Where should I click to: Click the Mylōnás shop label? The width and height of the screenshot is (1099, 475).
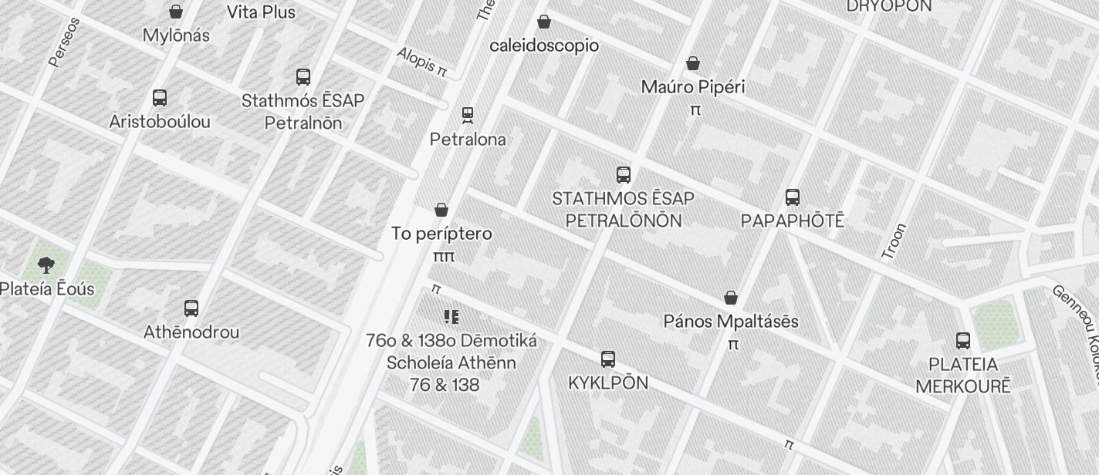click(176, 35)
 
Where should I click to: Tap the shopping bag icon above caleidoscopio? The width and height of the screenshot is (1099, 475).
click(544, 22)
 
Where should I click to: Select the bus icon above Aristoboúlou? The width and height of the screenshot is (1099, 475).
click(160, 98)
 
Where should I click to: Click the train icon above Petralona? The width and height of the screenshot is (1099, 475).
click(468, 116)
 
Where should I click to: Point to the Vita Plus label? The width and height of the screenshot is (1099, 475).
click(261, 12)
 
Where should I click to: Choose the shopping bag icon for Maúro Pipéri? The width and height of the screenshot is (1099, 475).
click(693, 63)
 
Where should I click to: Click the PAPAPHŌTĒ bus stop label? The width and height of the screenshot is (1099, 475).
click(792, 221)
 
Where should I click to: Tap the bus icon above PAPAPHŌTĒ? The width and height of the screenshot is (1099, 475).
click(793, 197)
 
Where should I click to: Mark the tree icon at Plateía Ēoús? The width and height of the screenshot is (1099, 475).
click(46, 265)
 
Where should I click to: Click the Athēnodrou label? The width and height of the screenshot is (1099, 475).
click(191, 332)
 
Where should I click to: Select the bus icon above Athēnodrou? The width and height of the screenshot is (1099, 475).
click(191, 308)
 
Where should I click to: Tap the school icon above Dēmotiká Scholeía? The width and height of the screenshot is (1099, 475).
click(451, 317)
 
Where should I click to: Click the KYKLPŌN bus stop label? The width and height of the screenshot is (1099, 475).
click(608, 383)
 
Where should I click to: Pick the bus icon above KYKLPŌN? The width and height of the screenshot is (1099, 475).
click(608, 359)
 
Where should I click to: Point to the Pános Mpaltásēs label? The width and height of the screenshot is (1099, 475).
click(731, 322)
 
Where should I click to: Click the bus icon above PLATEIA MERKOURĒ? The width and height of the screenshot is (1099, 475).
click(963, 341)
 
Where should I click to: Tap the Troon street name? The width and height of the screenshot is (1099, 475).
click(893, 241)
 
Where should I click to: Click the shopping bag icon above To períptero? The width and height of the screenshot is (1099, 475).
click(441, 210)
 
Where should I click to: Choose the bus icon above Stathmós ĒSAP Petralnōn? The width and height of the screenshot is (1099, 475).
click(303, 77)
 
